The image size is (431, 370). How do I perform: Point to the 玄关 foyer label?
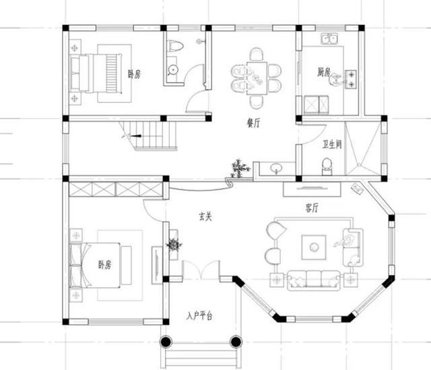tap(205, 217)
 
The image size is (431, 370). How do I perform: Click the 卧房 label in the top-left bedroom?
tap(133, 74)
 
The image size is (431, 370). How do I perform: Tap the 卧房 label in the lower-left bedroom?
tap(104, 264)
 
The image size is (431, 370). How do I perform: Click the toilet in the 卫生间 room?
tap(327, 166)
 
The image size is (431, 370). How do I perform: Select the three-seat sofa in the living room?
tap(313, 280)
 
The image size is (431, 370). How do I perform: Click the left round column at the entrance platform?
tap(166, 342)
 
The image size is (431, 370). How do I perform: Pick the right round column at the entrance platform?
tap(235, 342)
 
